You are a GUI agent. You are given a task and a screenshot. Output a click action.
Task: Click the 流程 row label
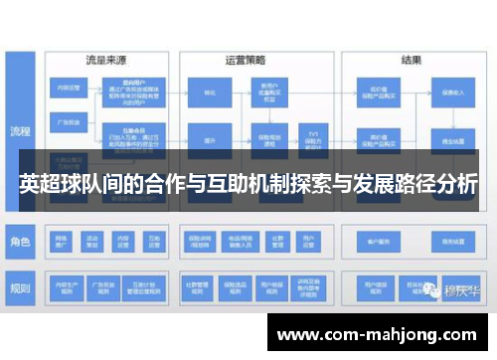(20, 129)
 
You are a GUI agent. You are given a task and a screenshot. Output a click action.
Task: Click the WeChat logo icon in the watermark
(430, 289)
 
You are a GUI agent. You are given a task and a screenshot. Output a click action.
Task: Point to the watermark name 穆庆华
(458, 290)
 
